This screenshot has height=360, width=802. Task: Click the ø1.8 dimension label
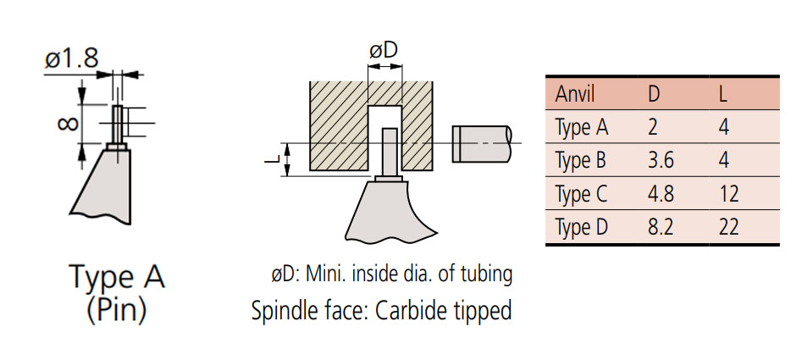72,58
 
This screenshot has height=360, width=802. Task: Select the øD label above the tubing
384,51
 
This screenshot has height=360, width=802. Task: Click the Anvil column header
575,94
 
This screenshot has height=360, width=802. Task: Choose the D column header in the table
654,94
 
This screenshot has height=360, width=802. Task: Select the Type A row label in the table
582,128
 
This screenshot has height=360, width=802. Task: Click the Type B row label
582,161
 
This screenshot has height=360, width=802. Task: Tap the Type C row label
582,194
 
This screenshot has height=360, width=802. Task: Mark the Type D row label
582,227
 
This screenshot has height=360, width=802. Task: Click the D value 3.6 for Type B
661,161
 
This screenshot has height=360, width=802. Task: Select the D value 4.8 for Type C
661,194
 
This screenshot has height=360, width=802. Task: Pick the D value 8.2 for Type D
661,227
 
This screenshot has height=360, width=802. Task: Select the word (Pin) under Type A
117,309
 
